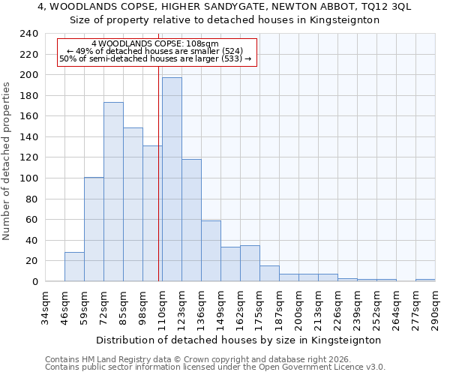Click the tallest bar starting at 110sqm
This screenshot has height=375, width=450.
point(172,180)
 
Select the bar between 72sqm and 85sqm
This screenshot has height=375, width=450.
point(113,192)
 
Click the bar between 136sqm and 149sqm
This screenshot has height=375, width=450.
point(211,251)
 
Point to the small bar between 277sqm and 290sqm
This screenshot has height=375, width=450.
point(425,280)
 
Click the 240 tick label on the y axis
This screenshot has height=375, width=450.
point(28,34)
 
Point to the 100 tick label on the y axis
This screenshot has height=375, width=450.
point(28,178)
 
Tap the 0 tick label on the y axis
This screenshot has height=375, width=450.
point(34,282)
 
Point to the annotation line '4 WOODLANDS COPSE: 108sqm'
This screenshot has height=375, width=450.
point(155,44)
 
